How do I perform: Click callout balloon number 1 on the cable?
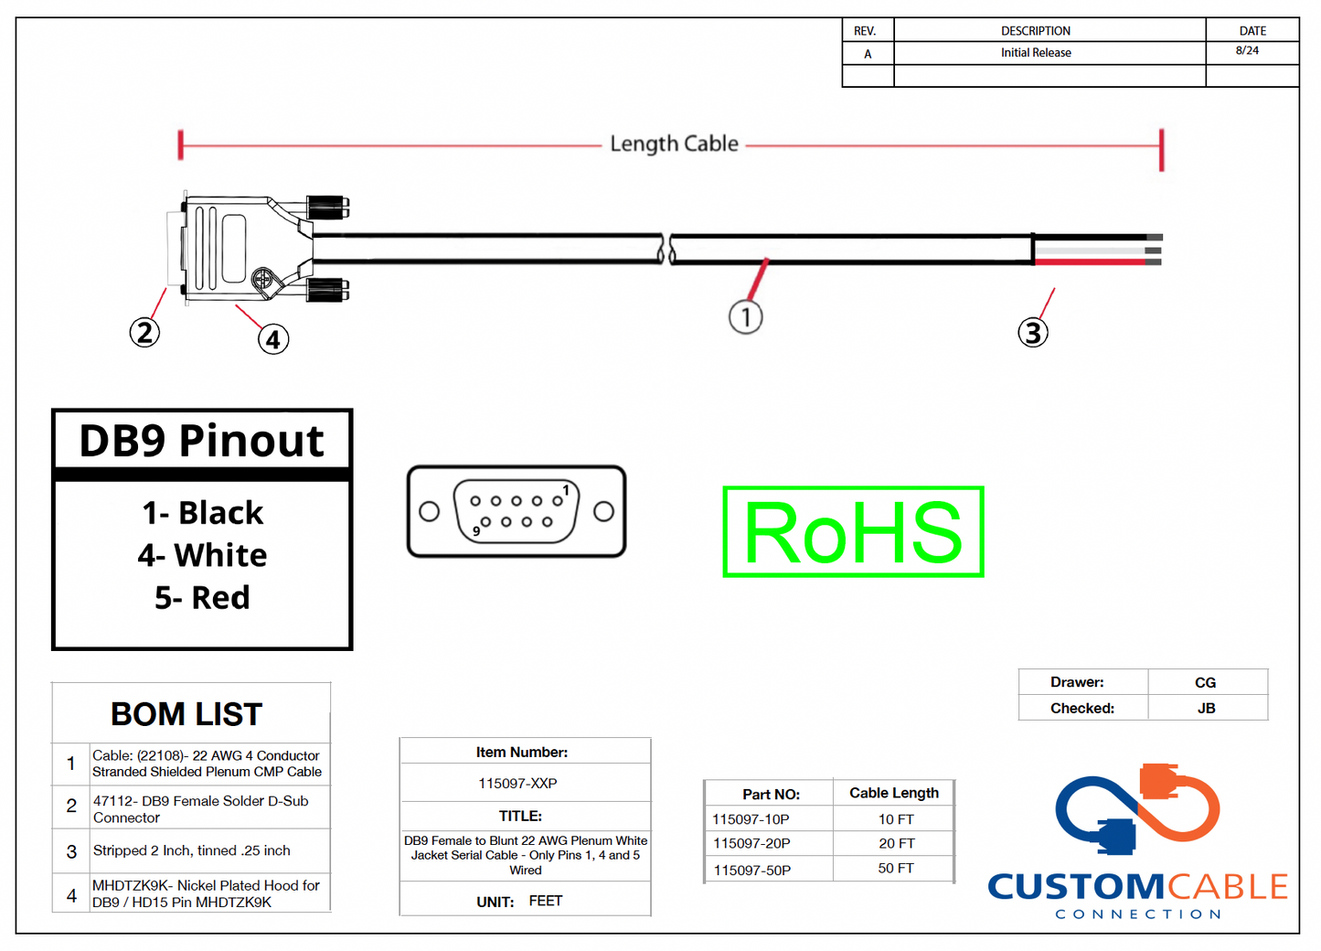[746, 317]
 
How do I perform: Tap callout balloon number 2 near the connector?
[144, 332]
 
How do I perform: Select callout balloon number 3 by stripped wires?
[1033, 332]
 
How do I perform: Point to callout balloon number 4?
[273, 339]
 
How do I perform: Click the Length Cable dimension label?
[674, 144]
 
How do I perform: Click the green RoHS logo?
[853, 532]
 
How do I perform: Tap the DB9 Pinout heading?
[201, 441]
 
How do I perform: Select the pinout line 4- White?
[202, 555]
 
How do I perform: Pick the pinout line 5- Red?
[202, 598]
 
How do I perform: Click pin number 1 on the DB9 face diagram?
[566, 491]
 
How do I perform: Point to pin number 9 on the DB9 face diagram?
[476, 531]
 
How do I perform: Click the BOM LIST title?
[186, 714]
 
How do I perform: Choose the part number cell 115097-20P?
[751, 843]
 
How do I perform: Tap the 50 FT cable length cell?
[895, 868]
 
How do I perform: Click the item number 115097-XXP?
[517, 784]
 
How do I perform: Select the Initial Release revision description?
[1036, 53]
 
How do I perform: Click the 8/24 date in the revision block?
[1247, 51]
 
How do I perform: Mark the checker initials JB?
[1206, 709]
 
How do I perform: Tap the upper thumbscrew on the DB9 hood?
[327, 208]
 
